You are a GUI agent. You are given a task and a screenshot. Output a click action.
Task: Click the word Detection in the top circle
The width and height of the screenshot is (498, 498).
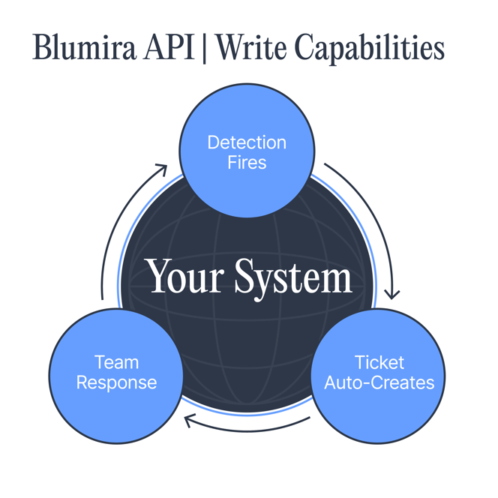tap(247, 142)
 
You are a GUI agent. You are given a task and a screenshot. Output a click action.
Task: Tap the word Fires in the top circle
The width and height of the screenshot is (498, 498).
tap(247, 162)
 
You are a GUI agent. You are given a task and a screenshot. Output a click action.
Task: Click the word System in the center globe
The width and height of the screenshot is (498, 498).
tap(292, 278)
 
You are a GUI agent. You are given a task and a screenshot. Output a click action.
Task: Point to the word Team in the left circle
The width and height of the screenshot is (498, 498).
tap(116, 363)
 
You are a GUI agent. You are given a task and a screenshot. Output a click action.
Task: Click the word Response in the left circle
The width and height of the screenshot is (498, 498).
tap(116, 382)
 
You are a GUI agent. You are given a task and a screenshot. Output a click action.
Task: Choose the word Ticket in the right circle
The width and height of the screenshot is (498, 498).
tap(379, 363)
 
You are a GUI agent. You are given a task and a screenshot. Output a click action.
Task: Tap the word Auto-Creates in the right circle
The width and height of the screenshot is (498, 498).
tap(379, 382)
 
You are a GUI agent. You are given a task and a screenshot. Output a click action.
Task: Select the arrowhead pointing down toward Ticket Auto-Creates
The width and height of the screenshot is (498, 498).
tap(391, 293)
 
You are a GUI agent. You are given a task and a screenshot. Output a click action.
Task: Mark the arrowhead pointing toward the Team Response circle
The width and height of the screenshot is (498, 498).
tap(190, 422)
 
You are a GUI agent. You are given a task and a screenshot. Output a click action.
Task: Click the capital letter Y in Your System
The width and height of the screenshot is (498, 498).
tap(160, 277)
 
